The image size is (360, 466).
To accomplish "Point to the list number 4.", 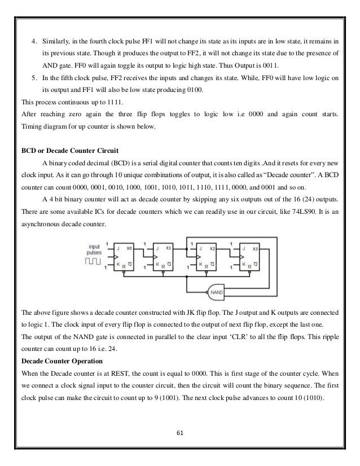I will click(x=33, y=41).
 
